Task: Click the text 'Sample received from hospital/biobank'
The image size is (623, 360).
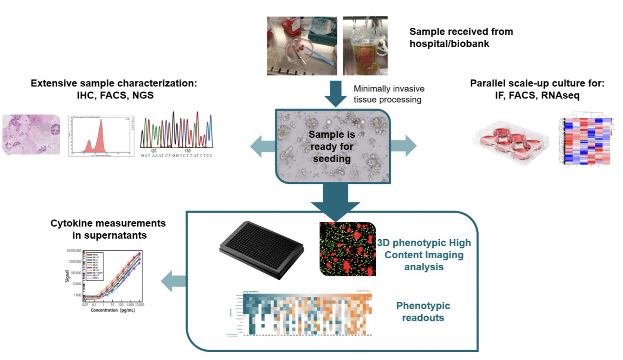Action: [461, 38]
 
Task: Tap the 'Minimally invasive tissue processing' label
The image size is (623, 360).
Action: [389, 94]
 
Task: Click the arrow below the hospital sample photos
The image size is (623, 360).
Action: [335, 93]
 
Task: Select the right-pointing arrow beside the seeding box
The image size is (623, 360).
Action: [404, 146]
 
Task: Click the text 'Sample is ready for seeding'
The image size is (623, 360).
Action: [332, 147]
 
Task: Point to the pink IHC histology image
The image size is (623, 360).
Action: [31, 135]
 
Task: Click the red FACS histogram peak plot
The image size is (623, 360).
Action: [101, 136]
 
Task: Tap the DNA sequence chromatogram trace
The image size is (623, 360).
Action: [177, 132]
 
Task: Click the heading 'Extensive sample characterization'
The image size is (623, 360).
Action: [114, 83]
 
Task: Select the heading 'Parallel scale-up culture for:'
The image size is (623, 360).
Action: [537, 83]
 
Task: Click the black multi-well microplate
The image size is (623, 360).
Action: [262, 250]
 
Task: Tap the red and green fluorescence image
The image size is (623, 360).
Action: [348, 249]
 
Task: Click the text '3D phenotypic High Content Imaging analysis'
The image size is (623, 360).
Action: [424, 255]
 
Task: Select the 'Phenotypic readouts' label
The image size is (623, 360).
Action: [423, 311]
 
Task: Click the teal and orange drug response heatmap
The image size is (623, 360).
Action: [307, 313]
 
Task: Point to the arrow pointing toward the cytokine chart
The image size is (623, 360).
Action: [173, 281]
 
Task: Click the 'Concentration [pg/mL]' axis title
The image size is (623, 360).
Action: [113, 310]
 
